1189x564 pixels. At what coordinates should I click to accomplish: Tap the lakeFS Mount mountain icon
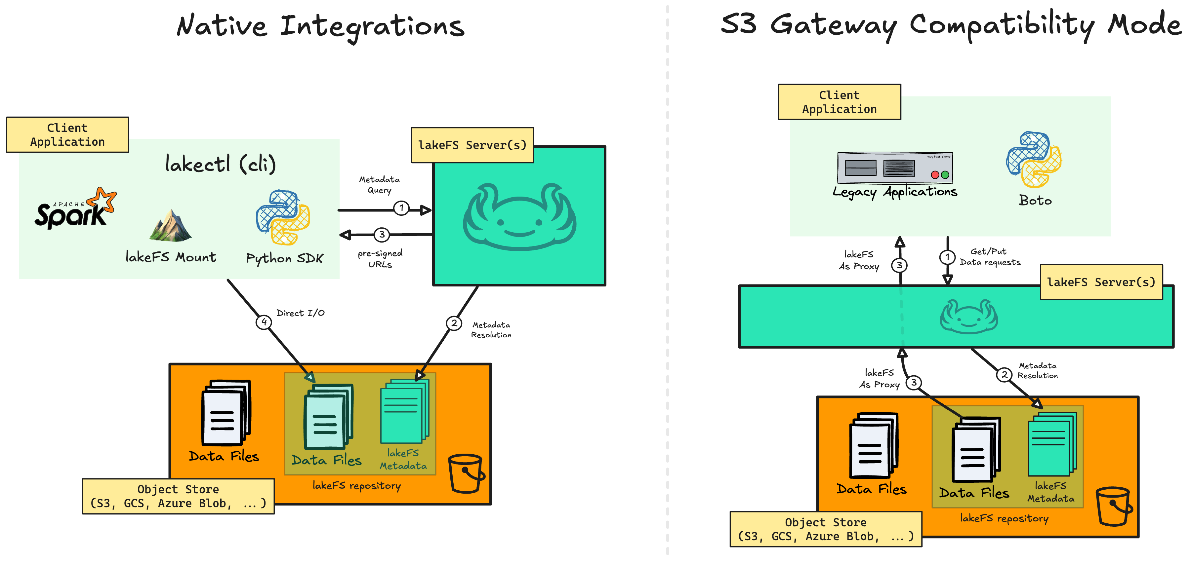pos(170,226)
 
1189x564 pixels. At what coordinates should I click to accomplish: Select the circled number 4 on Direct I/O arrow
pos(264,322)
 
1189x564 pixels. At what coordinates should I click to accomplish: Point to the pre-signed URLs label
pos(380,259)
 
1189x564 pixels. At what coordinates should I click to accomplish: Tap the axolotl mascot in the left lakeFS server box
pos(519,217)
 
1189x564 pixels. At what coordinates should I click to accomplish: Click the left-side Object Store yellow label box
pos(178,496)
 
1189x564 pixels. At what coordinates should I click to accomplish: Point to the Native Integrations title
pos(321,26)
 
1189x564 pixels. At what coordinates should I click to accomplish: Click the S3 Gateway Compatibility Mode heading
pos(951,25)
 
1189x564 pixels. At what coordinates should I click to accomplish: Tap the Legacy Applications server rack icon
pos(894,168)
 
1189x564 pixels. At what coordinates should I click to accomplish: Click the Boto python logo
pos(1034,160)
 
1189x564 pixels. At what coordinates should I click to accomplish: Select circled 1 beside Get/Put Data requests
pos(947,257)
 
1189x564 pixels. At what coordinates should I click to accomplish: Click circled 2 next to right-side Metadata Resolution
pos(1004,374)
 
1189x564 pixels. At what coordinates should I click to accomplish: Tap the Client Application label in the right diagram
pos(839,102)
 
